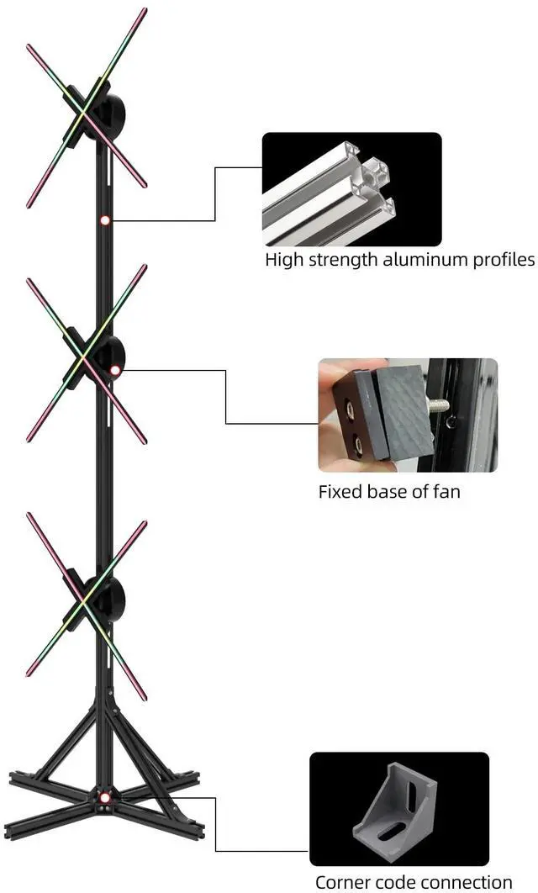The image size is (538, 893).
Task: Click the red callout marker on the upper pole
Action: pyautogui.click(x=104, y=220)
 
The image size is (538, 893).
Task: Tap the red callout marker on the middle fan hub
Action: pyautogui.click(x=115, y=369)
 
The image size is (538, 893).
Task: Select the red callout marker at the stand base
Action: pyautogui.click(x=104, y=797)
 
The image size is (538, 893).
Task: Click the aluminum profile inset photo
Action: pyautogui.click(x=351, y=189)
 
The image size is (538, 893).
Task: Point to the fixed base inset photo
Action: pyautogui.click(x=408, y=415)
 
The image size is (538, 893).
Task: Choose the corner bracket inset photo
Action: pyautogui.click(x=398, y=809)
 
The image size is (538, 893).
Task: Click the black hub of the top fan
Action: pyautogui.click(x=109, y=111)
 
